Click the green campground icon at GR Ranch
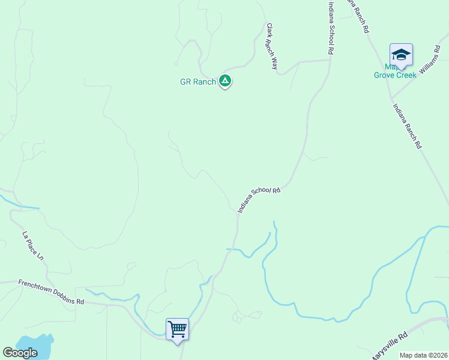click(x=225, y=80)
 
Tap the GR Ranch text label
click(x=197, y=82)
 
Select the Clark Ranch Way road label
click(x=272, y=46)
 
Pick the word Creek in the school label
click(x=406, y=75)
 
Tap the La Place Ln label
click(x=33, y=245)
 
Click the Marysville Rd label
click(x=388, y=346)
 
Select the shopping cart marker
click(x=177, y=329)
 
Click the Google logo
click(x=20, y=353)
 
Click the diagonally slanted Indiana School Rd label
click(x=259, y=199)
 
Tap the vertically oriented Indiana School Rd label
click(x=330, y=28)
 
